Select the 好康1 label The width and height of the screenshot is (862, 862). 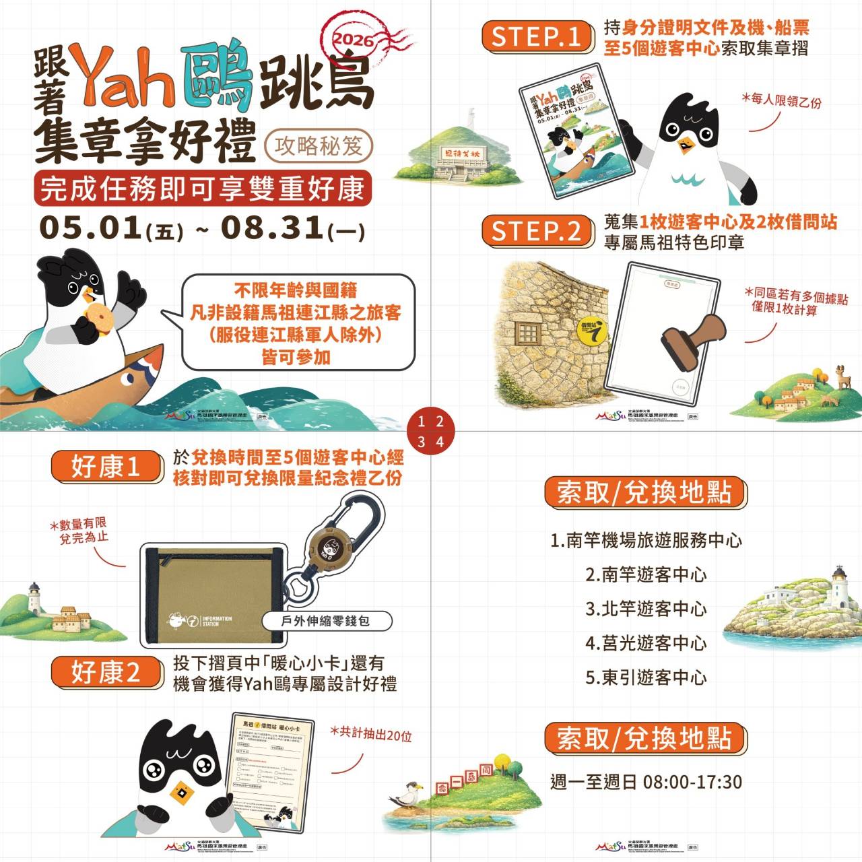[x=106, y=467]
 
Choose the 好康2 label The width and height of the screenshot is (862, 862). [x=106, y=671]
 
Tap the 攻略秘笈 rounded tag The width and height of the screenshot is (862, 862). [x=318, y=145]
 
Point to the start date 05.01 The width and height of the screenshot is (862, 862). [x=90, y=228]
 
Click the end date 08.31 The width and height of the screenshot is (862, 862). [x=272, y=228]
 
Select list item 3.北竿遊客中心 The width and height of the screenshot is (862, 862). [x=646, y=609]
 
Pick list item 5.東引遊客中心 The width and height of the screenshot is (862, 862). [x=646, y=677]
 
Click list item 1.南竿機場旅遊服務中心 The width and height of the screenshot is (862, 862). [x=646, y=540]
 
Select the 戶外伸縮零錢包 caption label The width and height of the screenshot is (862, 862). [x=325, y=621]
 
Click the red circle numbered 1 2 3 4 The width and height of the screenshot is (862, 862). [x=430, y=432]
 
